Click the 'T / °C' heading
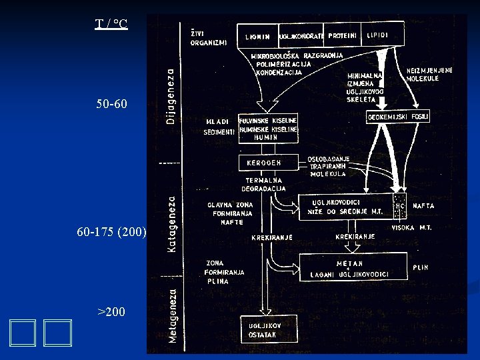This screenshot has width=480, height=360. [111, 25]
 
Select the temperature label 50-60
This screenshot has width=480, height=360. [110, 104]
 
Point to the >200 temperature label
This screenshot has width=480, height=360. [111, 311]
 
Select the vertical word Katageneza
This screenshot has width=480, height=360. [171, 223]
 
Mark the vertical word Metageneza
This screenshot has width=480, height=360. [172, 315]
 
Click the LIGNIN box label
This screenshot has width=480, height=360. [257, 35]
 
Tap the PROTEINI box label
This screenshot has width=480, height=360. [342, 35]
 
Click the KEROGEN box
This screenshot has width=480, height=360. [265, 161]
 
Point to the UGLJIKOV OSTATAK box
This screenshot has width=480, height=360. [265, 329]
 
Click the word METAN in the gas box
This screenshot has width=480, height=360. [350, 263]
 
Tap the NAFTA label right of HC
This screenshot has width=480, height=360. [423, 206]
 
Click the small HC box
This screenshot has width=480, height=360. [400, 206]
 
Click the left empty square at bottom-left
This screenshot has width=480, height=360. [23, 333]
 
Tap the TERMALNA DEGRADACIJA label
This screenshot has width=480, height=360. [263, 184]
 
